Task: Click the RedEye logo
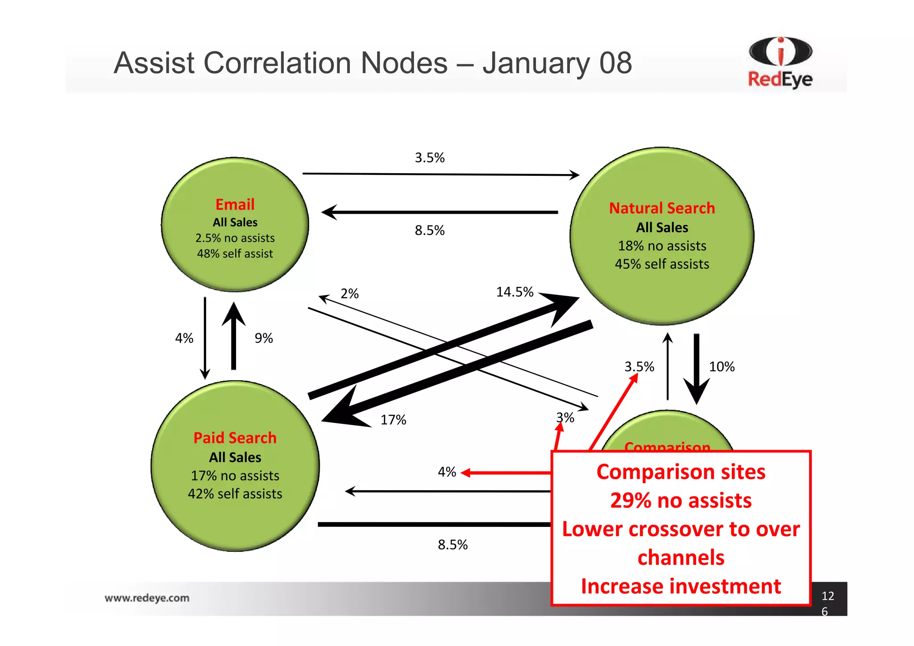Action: (x=780, y=62)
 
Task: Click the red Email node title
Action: (x=235, y=204)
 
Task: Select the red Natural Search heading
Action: (x=662, y=208)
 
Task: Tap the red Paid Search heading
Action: (x=235, y=438)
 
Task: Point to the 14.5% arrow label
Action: (x=515, y=292)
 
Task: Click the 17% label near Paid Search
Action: (x=393, y=420)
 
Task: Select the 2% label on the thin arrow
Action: (x=349, y=294)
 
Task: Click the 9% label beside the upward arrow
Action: (x=264, y=338)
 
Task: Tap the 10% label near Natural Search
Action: (x=722, y=367)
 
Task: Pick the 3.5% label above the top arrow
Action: (x=430, y=157)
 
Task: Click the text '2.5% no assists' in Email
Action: (x=235, y=238)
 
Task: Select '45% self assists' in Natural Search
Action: (x=662, y=264)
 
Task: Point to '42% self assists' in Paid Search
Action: (x=235, y=494)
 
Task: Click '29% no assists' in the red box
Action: (x=681, y=501)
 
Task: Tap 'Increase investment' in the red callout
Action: (x=681, y=586)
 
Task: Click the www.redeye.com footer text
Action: (x=147, y=598)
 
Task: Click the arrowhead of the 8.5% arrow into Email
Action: (x=329, y=212)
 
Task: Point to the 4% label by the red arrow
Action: (x=447, y=472)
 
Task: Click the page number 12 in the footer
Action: (x=827, y=596)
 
